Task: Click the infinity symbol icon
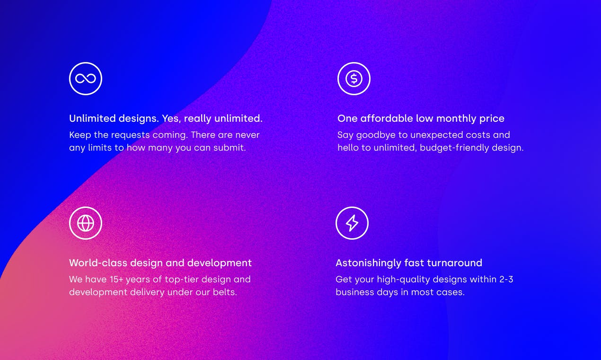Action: point(85,79)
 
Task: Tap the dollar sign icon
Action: point(354,79)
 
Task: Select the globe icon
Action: point(85,223)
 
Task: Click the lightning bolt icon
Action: point(352,223)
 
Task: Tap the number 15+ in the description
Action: point(117,280)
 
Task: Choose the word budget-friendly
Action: point(450,148)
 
